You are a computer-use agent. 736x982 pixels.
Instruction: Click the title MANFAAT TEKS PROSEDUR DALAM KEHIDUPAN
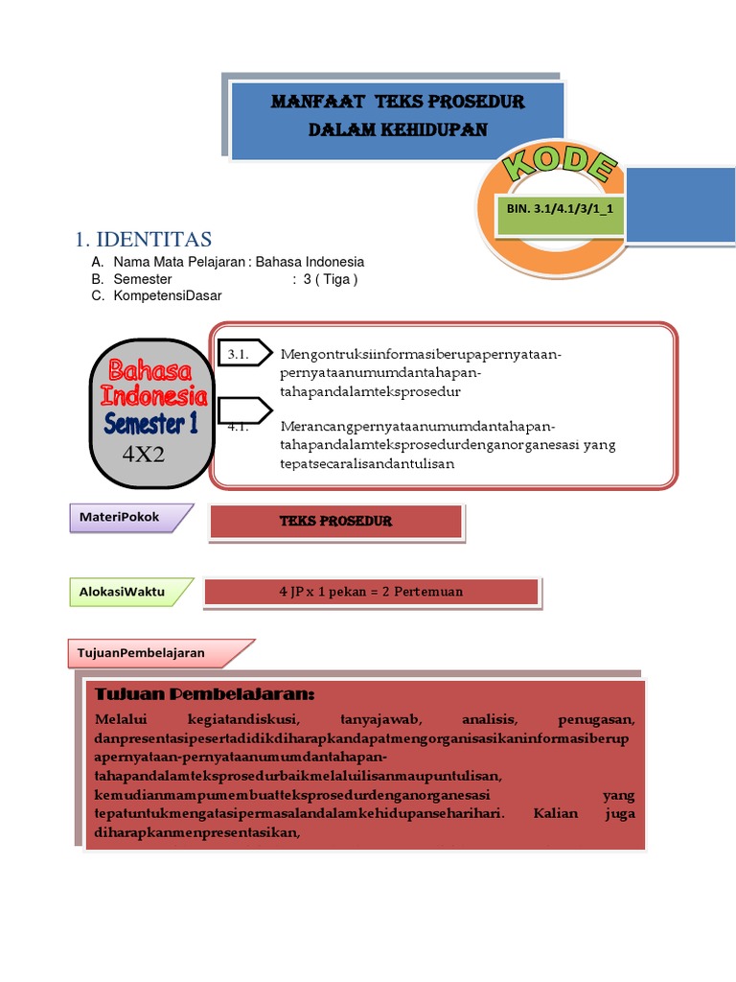pos(398,115)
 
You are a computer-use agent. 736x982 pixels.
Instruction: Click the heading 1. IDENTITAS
pos(143,240)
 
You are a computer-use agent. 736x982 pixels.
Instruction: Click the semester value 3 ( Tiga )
pos(330,279)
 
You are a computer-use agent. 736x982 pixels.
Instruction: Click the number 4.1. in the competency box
pos(239,427)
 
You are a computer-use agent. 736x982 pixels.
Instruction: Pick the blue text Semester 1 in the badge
pos(150,422)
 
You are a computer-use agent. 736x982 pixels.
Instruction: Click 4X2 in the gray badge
pos(144,454)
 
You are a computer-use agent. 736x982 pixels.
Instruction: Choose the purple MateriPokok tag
pos(121,517)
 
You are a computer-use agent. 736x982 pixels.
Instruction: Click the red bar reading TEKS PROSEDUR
pos(335,521)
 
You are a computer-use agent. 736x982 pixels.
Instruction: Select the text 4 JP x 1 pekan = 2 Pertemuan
pos(371,592)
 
